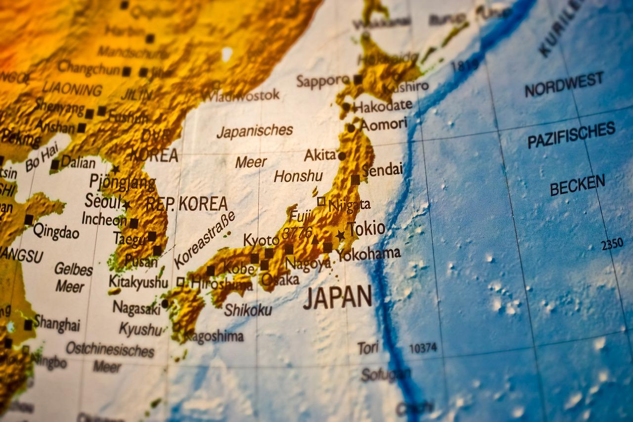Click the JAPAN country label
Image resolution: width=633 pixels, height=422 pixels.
pyautogui.click(x=337, y=297)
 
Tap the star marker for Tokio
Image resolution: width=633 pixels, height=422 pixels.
pyautogui.click(x=340, y=235)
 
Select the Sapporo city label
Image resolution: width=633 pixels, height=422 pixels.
pyautogui.click(x=323, y=81)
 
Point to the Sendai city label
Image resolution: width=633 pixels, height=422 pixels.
pyautogui.click(x=382, y=170)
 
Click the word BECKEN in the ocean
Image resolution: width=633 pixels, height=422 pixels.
pyautogui.click(x=577, y=185)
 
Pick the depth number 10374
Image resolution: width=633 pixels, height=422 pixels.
pyautogui.click(x=423, y=348)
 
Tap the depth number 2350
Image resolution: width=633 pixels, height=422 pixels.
pyautogui.click(x=612, y=244)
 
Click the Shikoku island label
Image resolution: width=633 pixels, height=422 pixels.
pyautogui.click(x=248, y=310)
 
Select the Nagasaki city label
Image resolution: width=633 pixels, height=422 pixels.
pyautogui.click(x=136, y=308)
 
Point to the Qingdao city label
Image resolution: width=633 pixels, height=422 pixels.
pyautogui.click(x=56, y=231)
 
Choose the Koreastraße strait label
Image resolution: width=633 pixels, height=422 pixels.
pyautogui.click(x=204, y=240)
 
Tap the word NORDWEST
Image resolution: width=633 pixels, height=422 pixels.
pyautogui.click(x=564, y=84)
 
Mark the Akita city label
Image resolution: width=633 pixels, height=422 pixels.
pyautogui.click(x=320, y=155)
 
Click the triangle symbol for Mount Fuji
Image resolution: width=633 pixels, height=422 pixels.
pyautogui.click(x=315, y=240)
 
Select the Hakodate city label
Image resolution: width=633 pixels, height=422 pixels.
pyautogui.click(x=383, y=105)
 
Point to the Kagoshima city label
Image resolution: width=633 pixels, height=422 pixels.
pyautogui.click(x=214, y=336)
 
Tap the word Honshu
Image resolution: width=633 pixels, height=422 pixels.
pyautogui.click(x=298, y=176)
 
